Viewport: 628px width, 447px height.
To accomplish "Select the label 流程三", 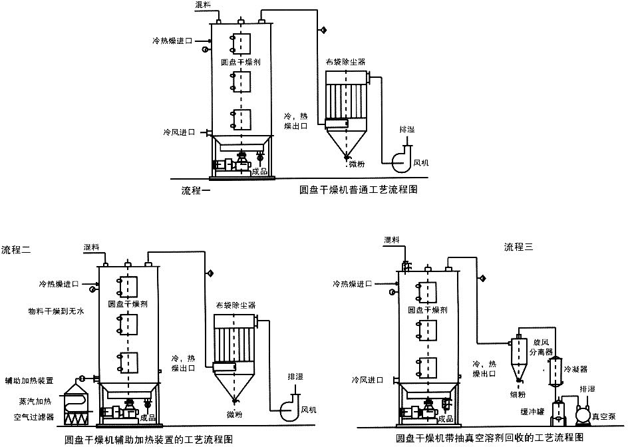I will point(519,247).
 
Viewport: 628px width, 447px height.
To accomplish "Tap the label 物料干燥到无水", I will point(54,311).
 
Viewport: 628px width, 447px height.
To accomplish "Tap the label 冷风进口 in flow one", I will point(178,132).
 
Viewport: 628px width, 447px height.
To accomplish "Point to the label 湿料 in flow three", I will point(392,239).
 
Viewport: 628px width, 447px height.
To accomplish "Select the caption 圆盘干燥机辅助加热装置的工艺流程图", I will point(149,439).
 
